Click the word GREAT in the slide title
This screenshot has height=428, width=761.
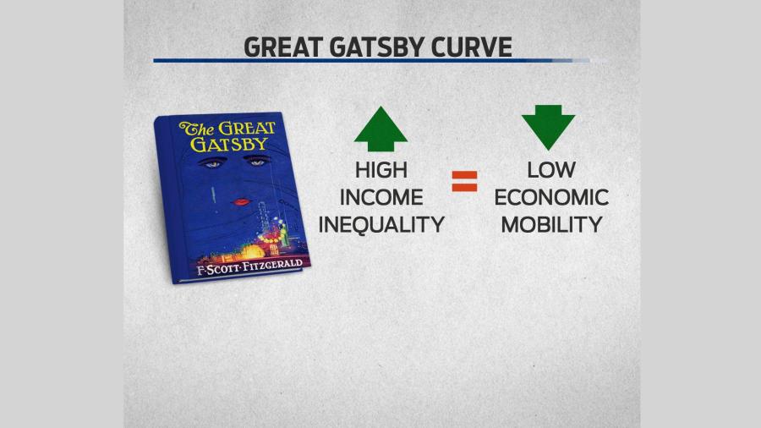click(283, 47)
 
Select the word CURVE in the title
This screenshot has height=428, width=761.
click(471, 47)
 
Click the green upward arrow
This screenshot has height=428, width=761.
click(380, 129)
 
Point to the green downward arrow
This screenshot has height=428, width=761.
click(548, 127)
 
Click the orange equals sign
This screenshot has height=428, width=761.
click(464, 182)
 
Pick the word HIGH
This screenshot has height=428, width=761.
click(381, 170)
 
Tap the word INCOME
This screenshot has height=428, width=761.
click(381, 197)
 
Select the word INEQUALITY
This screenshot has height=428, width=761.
click(381, 225)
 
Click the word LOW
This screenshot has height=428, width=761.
click(551, 170)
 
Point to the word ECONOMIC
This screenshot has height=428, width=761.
click(551, 197)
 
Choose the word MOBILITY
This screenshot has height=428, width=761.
click(551, 225)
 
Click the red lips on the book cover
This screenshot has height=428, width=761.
click(241, 201)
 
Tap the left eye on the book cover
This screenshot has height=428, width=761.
click(212, 164)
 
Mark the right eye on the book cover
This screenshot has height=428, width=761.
click(257, 162)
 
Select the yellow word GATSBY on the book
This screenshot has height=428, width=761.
click(229, 144)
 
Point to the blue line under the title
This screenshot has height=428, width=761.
click(371, 61)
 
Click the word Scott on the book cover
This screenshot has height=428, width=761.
click(222, 269)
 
